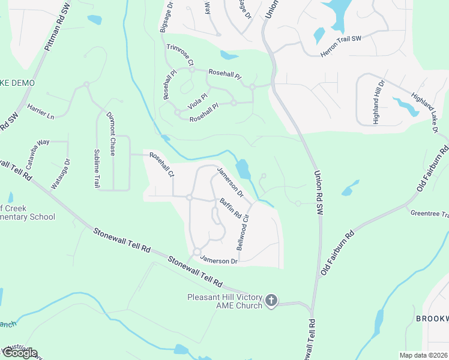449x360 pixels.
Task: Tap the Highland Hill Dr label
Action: coord(378,101)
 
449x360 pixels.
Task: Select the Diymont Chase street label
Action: coord(111,133)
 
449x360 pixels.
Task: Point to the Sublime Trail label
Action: coord(96,169)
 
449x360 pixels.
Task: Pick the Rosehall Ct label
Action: coord(161,165)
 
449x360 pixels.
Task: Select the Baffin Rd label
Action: coord(230,208)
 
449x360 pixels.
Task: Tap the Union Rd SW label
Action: coord(318,193)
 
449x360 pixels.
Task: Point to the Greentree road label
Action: coord(429,214)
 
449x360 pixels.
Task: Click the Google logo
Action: coord(19,353)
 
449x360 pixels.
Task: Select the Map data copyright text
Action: coord(423,355)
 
